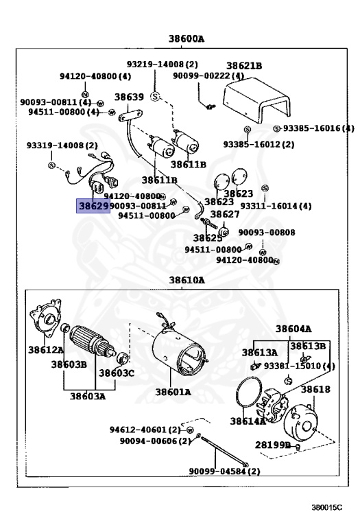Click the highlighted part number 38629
[93, 206]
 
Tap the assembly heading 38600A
[186, 39]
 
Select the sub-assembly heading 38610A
[187, 280]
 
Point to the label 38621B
[244, 66]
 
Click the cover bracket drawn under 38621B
[256, 100]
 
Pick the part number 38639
[129, 97]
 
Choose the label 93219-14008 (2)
[163, 65]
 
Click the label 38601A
[173, 392]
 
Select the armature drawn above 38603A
[93, 342]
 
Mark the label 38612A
[46, 350]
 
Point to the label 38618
[315, 390]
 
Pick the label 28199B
[273, 445]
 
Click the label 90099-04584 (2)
[225, 471]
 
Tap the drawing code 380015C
[327, 508]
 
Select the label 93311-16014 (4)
[276, 206]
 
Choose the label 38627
[225, 214]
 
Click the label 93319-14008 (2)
[62, 145]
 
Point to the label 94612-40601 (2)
[145, 430]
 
